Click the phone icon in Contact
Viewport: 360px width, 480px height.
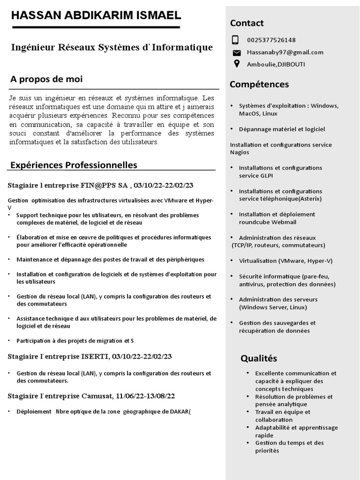[236, 40]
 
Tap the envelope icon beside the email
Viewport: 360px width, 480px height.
[236, 52]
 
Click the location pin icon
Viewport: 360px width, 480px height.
[236, 64]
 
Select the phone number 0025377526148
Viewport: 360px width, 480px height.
[271, 40]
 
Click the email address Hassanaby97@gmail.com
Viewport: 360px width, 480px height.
[285, 52]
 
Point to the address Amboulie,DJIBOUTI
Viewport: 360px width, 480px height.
[276, 65]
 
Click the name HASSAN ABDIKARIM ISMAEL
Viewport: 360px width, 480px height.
[96, 15]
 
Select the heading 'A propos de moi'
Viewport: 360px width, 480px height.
[46, 79]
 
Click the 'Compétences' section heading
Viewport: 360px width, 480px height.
[259, 84]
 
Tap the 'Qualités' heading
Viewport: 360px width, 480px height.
[259, 359]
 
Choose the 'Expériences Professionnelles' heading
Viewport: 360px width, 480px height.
[74, 165]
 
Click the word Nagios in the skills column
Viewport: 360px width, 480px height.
[240, 152]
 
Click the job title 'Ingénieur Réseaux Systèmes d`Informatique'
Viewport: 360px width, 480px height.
[112, 47]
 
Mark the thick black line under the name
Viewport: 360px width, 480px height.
[96, 28]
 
